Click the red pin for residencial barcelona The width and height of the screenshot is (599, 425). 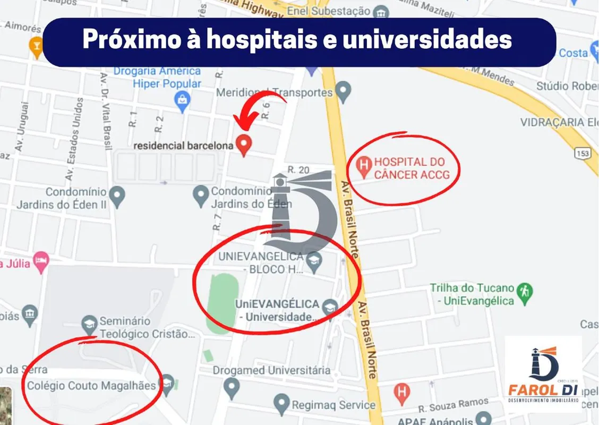tap(243, 144)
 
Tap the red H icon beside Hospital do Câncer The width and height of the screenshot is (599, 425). tap(364, 167)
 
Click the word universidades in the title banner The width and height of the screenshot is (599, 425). tap(427, 41)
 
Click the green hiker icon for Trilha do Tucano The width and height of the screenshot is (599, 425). tap(525, 291)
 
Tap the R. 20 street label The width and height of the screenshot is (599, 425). tap(298, 169)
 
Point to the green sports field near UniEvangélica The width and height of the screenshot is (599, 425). tap(218, 303)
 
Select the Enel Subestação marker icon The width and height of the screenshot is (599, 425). tap(380, 12)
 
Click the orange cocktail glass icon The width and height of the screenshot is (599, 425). tap(37, 46)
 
